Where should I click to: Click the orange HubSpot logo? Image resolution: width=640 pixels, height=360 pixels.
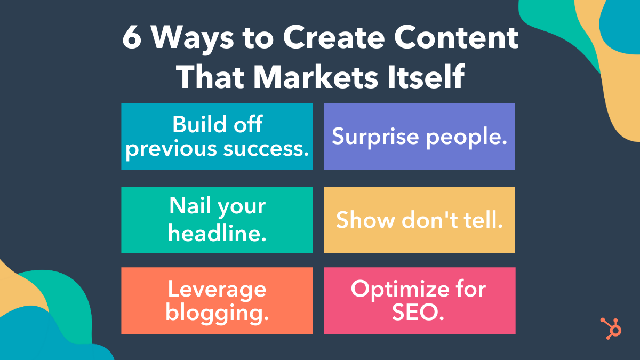tap(611, 328)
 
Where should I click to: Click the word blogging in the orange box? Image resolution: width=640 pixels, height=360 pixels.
tap(217, 313)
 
